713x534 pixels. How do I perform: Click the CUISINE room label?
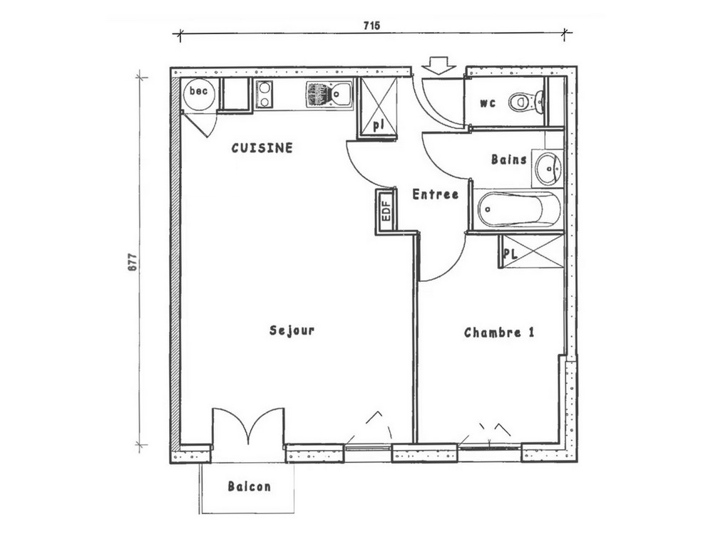click(262, 148)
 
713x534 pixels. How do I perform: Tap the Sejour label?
click(292, 330)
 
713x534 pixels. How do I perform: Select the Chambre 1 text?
click(499, 333)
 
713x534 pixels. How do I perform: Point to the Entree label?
click(435, 194)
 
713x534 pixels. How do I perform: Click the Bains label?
click(509, 159)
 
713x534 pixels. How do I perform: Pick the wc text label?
click(488, 103)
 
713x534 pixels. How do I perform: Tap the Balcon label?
click(249, 486)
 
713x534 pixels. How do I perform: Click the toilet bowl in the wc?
click(526, 102)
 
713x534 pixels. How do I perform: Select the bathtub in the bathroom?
click(518, 209)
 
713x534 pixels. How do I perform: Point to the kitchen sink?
click(329, 95)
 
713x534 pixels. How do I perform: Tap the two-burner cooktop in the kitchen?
click(265, 94)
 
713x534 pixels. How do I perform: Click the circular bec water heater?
click(199, 94)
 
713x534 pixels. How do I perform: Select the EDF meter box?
click(386, 211)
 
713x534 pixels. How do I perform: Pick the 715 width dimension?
click(372, 26)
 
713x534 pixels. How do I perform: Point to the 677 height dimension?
click(132, 262)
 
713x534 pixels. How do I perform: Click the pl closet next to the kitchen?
click(379, 106)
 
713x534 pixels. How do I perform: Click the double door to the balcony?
click(248, 426)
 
